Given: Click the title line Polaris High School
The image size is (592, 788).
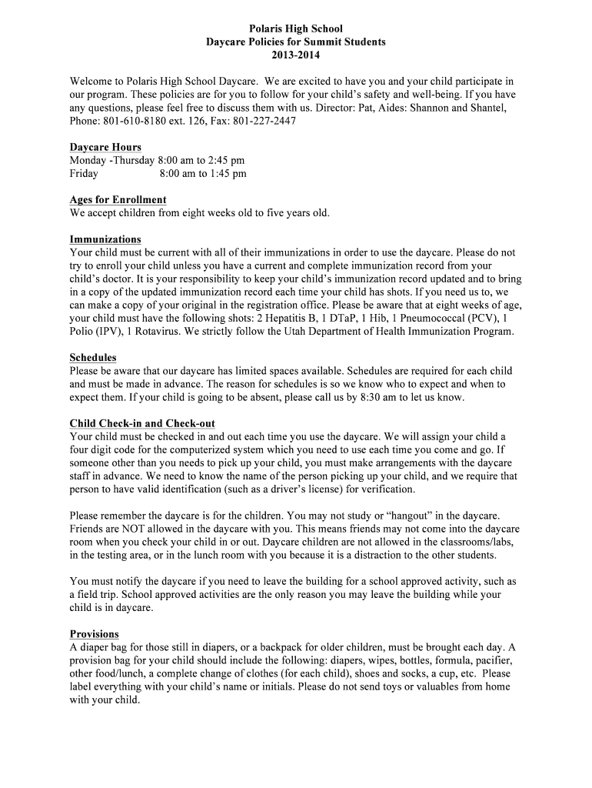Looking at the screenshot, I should click(x=296, y=28).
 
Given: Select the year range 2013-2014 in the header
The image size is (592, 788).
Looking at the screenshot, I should click(x=296, y=55).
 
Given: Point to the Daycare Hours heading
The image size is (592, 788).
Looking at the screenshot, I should click(x=105, y=147).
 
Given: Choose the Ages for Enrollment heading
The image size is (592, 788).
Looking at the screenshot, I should click(x=118, y=199).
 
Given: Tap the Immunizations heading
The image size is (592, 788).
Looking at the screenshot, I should click(x=105, y=239).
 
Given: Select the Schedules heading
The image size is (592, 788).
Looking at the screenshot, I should click(x=93, y=358).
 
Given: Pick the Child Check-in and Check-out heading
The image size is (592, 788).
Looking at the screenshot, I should click(x=142, y=423).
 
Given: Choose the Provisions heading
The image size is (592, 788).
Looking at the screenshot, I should click(x=94, y=634).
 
